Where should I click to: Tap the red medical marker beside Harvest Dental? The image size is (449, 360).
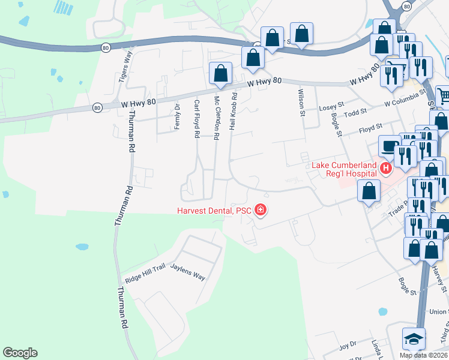(261, 210)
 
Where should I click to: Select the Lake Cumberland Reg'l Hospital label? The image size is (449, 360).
(344, 170)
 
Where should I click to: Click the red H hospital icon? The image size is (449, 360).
(386, 169)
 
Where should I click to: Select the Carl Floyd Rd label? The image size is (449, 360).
(196, 119)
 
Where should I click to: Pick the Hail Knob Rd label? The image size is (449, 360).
(235, 112)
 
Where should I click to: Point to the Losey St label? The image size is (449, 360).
(331, 104)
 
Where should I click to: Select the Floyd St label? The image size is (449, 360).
(370, 128)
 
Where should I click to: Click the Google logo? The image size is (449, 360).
(20, 353)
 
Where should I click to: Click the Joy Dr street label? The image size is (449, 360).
(348, 346)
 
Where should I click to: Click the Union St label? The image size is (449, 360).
(439, 311)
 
